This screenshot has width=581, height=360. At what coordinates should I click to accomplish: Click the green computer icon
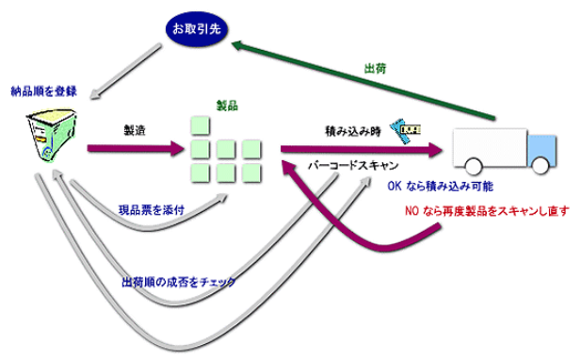pyautogui.click(x=41, y=135)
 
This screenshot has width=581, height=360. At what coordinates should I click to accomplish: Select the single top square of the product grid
pyautogui.click(x=200, y=125)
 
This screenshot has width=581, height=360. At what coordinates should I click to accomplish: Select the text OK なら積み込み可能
pyautogui.click(x=439, y=187)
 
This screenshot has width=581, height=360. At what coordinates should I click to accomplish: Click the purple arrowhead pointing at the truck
pyautogui.click(x=433, y=149)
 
